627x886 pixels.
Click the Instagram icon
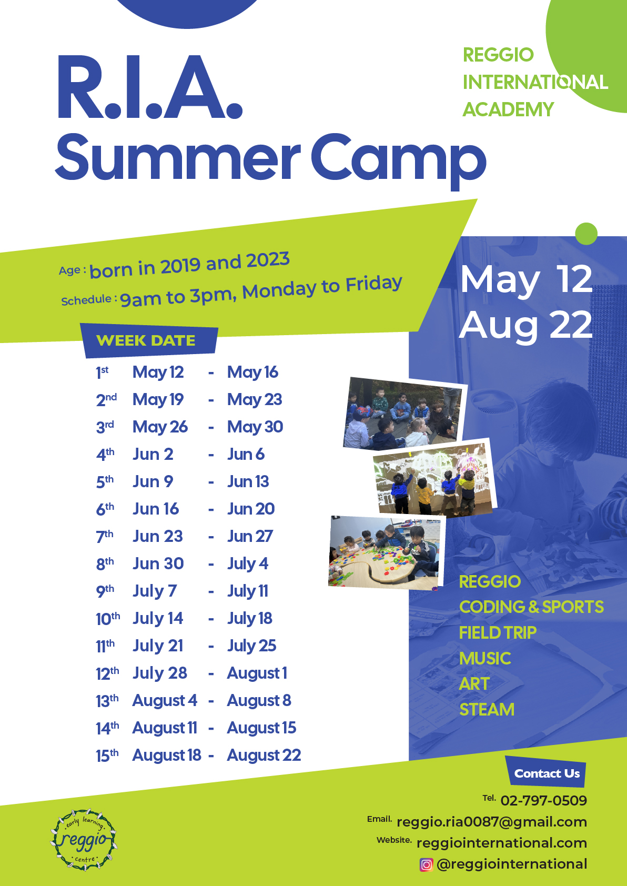click(426, 864)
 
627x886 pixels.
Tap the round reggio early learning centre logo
click(84, 840)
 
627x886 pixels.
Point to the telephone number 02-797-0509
click(543, 800)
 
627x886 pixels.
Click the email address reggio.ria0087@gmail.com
click(492, 822)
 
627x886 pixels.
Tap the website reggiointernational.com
click(502, 843)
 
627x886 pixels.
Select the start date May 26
click(160, 427)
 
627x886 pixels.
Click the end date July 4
click(247, 564)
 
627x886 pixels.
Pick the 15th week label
click(107, 756)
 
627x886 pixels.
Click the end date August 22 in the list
click(264, 756)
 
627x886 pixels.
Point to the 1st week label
click(102, 372)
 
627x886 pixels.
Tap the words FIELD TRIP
click(498, 632)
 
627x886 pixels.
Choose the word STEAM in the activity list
click(487, 710)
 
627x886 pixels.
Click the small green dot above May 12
click(586, 234)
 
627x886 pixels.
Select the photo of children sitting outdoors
click(405, 413)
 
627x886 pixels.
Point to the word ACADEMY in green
click(508, 109)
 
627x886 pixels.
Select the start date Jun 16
click(156, 509)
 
